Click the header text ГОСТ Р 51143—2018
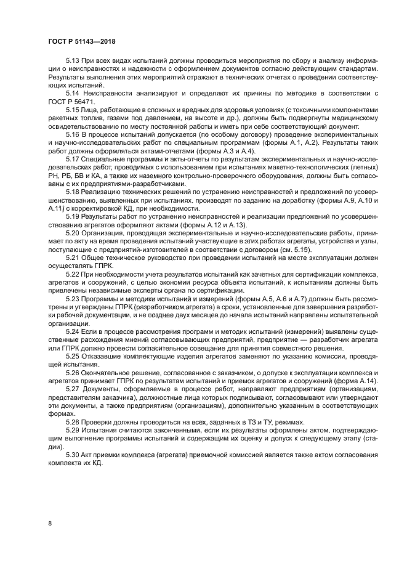81,41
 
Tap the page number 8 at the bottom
50,523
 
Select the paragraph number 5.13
73,61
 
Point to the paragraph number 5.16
73,133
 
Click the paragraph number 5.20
73,233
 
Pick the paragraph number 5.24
73,331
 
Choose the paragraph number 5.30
73,454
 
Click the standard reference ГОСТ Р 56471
70,101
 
